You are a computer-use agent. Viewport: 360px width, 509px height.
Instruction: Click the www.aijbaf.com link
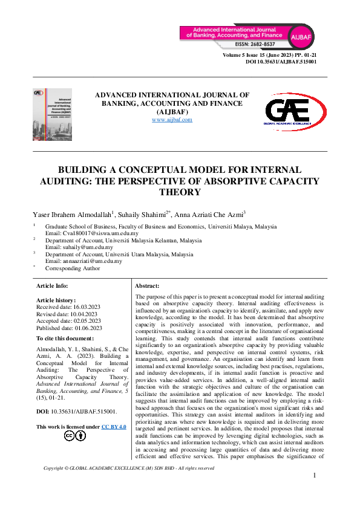172,120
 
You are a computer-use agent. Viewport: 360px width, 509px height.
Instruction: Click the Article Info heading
52,285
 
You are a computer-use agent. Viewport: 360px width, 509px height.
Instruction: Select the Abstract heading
147,285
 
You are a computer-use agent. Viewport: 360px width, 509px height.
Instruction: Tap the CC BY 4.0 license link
114,427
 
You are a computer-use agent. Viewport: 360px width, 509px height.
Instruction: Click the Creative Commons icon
70,436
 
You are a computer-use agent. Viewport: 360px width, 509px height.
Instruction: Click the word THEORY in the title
180,192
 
